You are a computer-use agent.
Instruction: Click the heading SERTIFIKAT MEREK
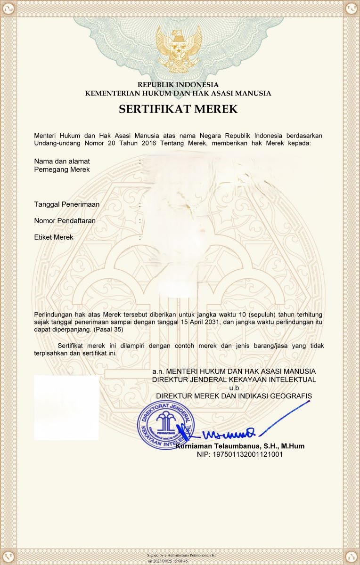tap(178, 110)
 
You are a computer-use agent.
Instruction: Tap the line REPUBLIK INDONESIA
tap(178, 85)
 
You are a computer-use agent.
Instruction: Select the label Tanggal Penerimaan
tap(66, 204)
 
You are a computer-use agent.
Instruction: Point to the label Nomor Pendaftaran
tap(65, 220)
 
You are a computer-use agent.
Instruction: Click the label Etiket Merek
tap(54, 237)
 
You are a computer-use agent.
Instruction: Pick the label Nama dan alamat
tap(62, 161)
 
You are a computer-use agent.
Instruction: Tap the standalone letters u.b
tap(234, 387)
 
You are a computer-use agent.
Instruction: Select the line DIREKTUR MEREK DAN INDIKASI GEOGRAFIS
tap(234, 396)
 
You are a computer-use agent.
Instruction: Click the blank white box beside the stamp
tap(66, 407)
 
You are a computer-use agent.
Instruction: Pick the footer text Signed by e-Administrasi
tap(181, 556)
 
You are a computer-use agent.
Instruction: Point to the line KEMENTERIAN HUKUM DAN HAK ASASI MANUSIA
tap(178, 93)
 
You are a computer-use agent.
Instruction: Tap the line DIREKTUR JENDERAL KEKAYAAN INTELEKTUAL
tap(234, 379)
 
